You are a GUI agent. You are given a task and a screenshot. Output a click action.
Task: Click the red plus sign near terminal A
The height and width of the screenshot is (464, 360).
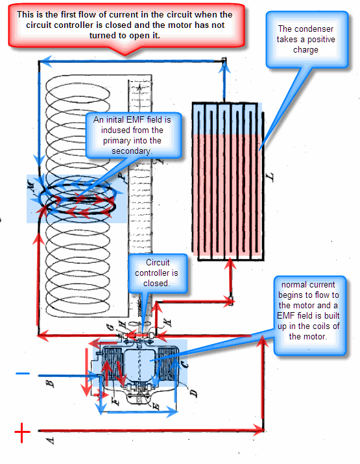[23, 432]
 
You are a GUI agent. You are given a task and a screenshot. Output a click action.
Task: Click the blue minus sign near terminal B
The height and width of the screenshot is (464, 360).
[23, 373]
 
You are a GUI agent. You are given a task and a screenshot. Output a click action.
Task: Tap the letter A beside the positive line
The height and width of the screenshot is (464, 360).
[51, 441]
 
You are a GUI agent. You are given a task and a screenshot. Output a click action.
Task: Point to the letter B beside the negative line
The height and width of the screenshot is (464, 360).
[51, 384]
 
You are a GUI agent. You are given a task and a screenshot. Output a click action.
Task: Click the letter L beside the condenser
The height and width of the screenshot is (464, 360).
[270, 177]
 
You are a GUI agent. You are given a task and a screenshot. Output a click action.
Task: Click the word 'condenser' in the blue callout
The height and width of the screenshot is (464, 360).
[306, 29]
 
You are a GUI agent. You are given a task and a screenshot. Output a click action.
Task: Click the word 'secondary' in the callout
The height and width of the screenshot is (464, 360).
[131, 151]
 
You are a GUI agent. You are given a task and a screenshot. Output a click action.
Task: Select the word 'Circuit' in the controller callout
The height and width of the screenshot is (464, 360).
[158, 262]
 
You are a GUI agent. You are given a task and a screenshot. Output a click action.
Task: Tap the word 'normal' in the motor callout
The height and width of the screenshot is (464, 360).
[293, 285]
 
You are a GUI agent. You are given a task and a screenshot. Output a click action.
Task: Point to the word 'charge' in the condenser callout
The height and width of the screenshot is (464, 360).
[306, 50]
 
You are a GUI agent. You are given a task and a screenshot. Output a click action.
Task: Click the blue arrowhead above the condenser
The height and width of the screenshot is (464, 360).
[224, 67]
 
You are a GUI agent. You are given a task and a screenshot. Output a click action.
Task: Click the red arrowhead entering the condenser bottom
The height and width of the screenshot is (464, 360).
[230, 263]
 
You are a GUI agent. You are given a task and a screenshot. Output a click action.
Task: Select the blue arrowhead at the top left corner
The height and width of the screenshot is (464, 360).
[45, 61]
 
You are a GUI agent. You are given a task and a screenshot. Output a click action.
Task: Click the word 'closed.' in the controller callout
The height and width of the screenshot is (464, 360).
[156, 283]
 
